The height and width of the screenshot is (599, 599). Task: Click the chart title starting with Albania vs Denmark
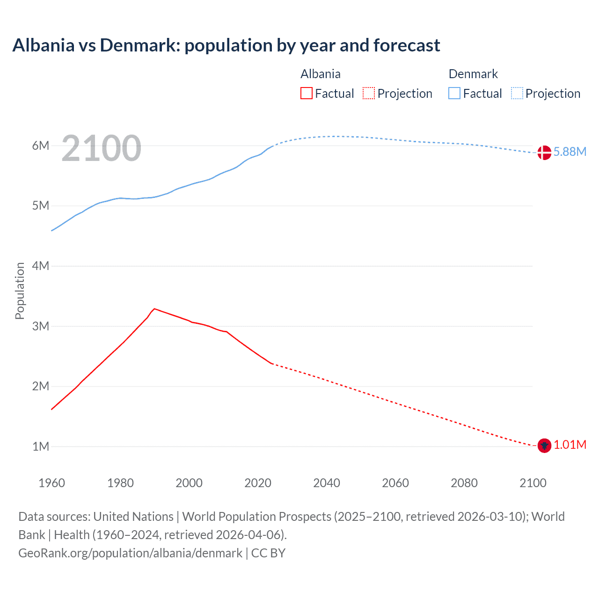(226, 45)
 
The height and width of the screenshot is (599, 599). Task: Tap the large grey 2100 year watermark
(101, 148)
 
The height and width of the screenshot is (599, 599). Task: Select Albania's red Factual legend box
(306, 94)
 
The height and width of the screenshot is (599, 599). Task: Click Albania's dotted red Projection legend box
(369, 94)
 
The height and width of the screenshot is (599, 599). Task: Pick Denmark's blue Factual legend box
(454, 94)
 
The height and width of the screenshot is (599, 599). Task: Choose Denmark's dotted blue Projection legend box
(517, 94)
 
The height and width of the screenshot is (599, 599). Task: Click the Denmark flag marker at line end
(544, 153)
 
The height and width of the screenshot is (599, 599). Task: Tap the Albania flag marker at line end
(544, 446)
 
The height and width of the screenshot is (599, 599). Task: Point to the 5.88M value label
(570, 152)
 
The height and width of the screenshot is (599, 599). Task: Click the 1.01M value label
(570, 445)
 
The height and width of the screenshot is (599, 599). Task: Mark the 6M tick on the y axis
(41, 146)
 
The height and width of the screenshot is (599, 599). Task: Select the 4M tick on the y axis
(41, 266)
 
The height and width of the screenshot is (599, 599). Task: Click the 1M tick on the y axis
(41, 446)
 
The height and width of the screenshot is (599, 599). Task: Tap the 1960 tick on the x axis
(51, 483)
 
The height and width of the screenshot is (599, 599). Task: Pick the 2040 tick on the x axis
(327, 483)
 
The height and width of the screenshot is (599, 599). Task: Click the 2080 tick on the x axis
(464, 483)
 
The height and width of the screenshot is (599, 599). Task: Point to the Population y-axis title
(20, 291)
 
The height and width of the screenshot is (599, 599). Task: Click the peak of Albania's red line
(154, 309)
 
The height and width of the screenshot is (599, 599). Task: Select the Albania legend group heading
(321, 74)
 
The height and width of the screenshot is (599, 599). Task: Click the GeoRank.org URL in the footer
(131, 553)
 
